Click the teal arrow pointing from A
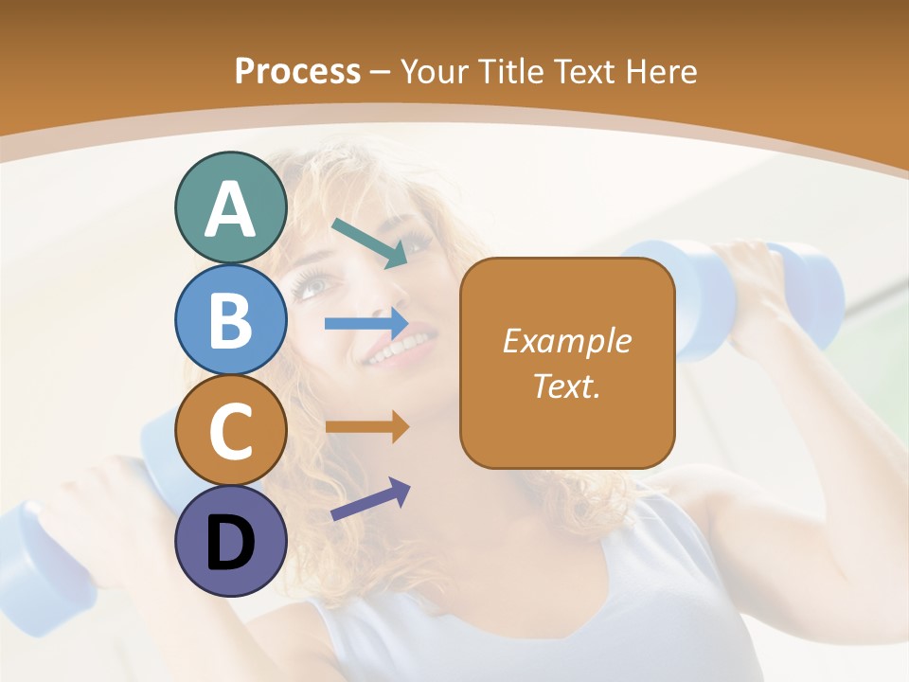pos(369,242)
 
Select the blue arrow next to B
pos(366,323)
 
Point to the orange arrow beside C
pos(366,427)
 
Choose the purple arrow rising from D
pos(370,499)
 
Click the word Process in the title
pos(297,71)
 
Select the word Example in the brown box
pos(567,341)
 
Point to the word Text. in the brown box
pos(567,386)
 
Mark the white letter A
pos(230,209)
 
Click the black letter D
pos(230,543)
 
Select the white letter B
pos(230,320)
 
